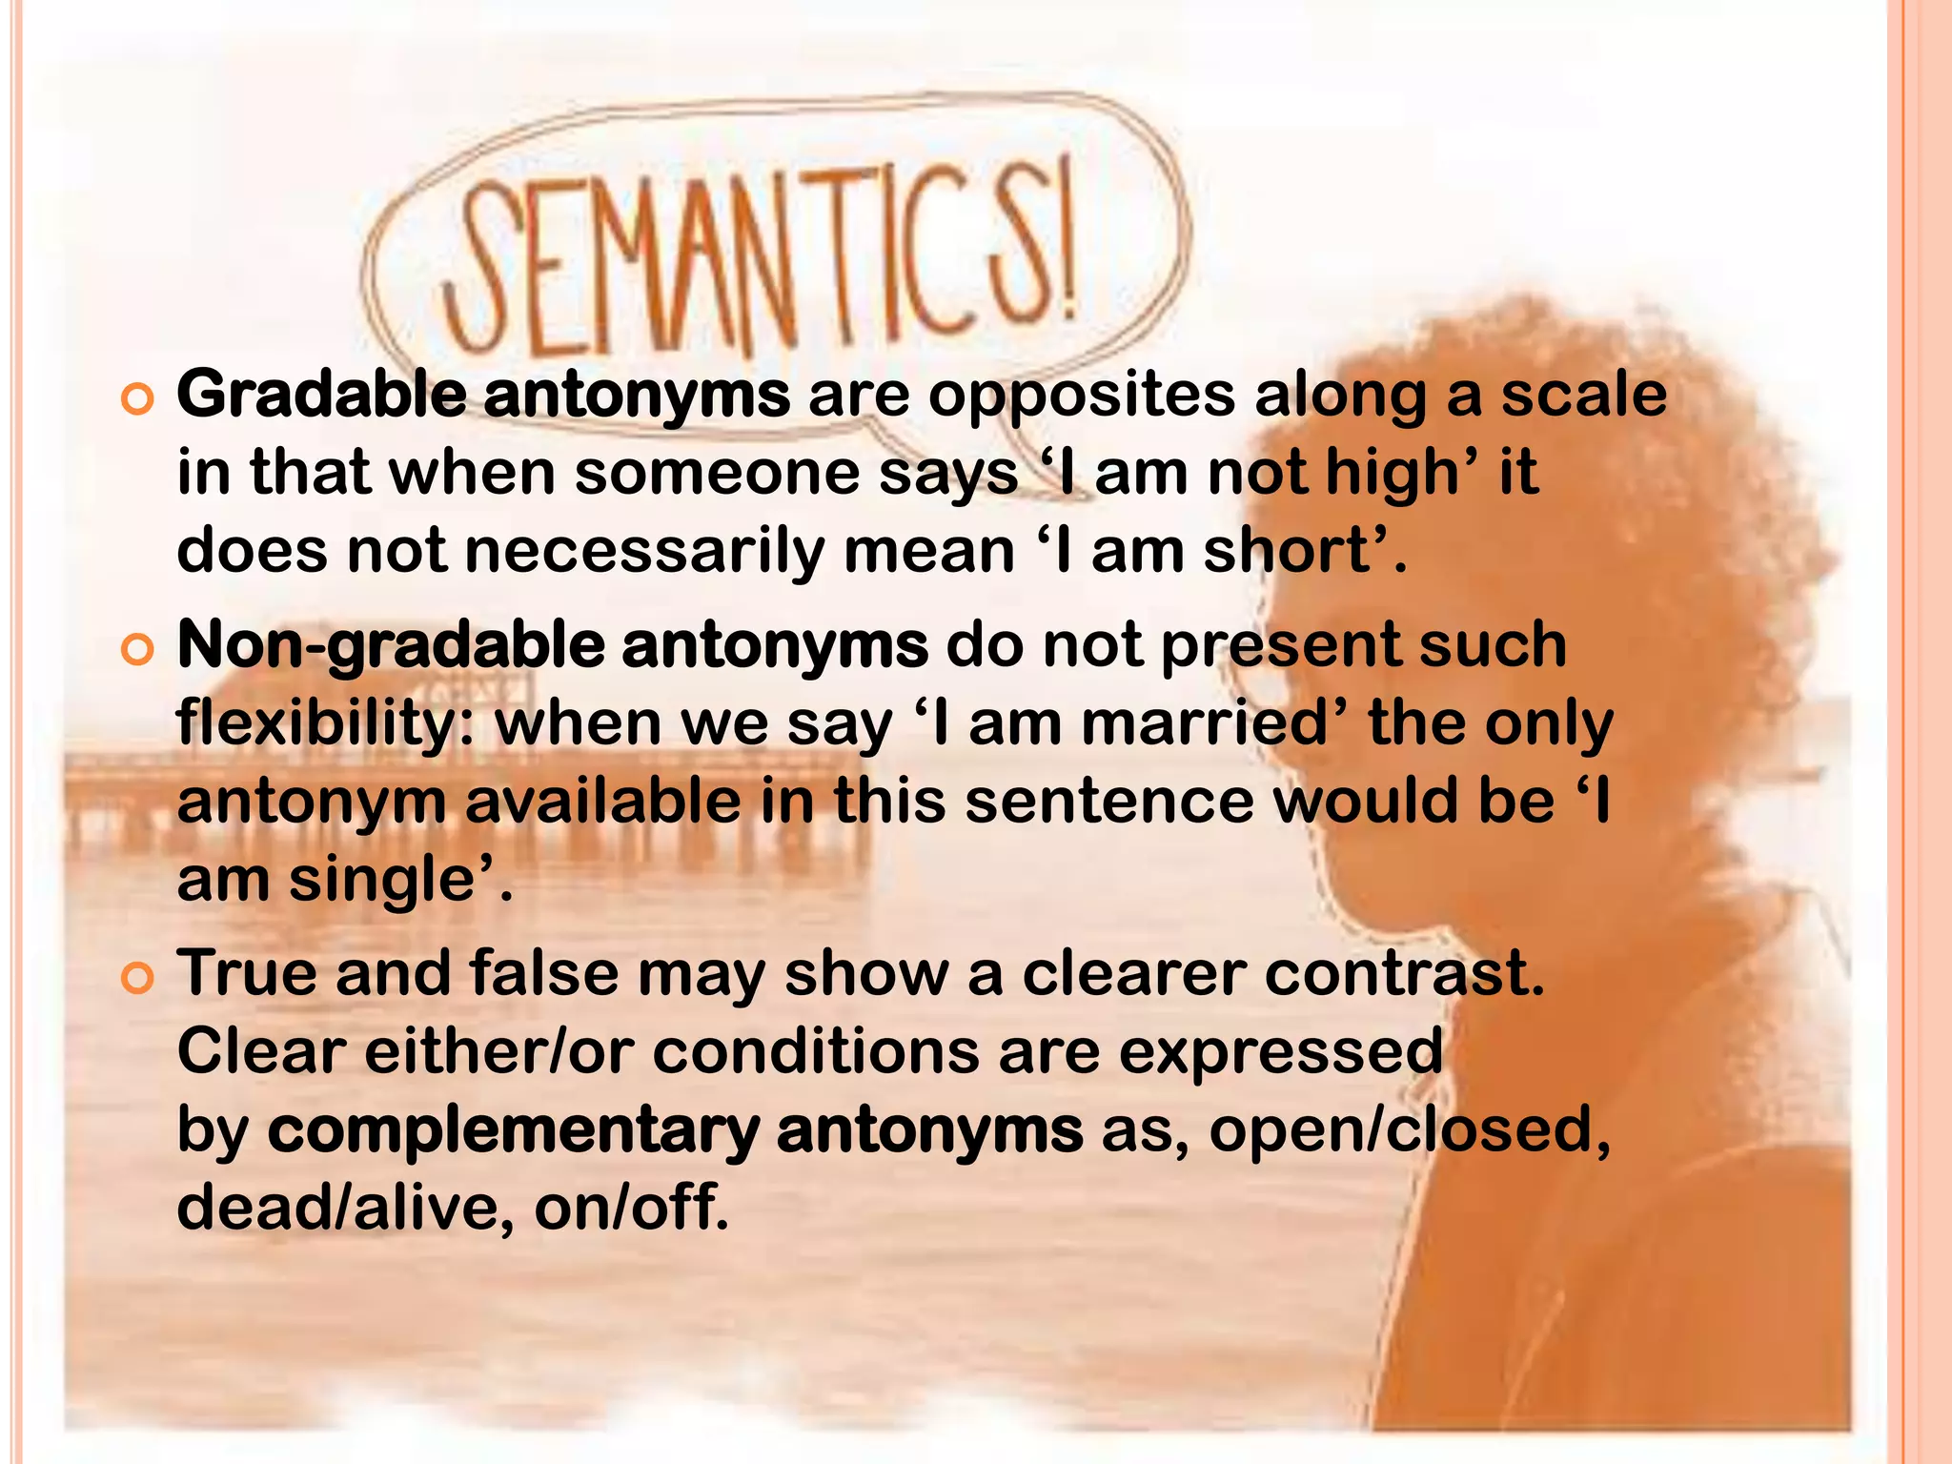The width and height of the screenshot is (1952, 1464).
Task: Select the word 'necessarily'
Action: tap(644, 552)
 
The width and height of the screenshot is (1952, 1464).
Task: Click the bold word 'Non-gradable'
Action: tap(391, 646)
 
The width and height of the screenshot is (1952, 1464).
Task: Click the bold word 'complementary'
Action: tap(513, 1131)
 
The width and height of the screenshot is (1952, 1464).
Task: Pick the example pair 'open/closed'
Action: tap(1409, 1131)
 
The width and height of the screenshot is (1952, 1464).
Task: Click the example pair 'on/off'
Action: tap(630, 1209)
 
